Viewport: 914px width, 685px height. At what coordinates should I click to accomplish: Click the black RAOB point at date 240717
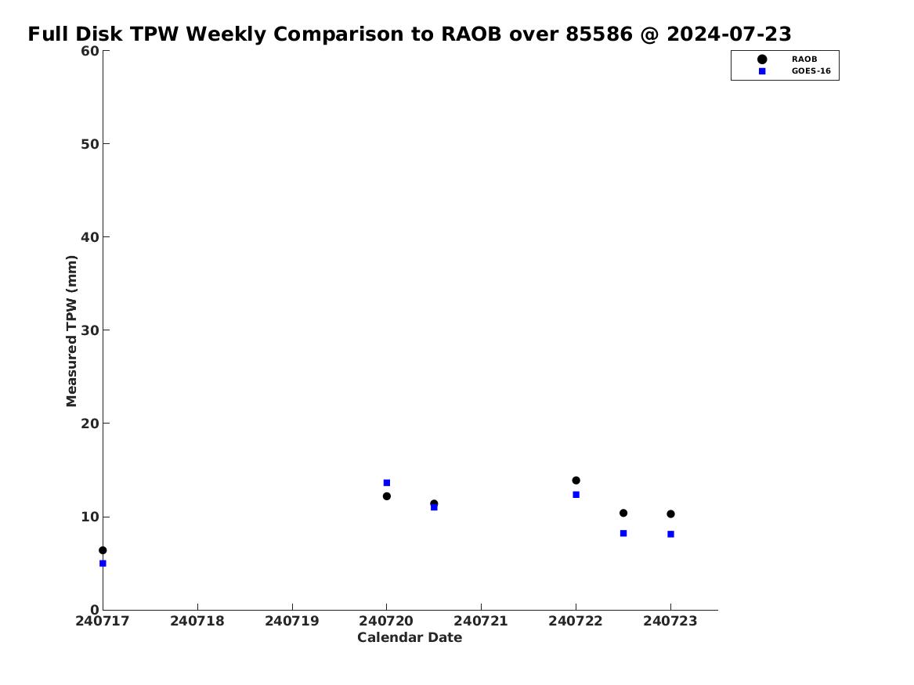tap(103, 550)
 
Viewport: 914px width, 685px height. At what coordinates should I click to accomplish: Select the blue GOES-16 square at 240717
tap(103, 563)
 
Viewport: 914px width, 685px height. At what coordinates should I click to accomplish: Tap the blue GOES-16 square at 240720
tap(386, 483)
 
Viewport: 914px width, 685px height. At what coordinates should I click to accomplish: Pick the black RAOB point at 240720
tap(386, 496)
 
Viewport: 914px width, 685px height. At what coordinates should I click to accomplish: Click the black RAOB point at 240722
tap(576, 481)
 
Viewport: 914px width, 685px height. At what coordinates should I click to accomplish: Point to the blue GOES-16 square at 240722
tap(576, 495)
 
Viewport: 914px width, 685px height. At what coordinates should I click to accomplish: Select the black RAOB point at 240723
tap(671, 514)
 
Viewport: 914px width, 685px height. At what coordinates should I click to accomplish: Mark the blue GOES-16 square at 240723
tap(671, 534)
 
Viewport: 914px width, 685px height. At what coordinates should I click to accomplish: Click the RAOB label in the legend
tap(804, 59)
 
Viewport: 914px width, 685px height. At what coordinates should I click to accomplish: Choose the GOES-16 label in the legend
tap(811, 71)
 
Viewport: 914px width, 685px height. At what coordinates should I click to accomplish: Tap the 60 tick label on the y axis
tap(90, 51)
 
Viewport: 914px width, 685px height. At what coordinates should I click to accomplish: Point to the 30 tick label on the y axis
tap(90, 330)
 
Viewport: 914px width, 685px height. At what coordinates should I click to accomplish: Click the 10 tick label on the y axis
tap(90, 517)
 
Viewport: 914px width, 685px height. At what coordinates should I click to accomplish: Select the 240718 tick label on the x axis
tap(197, 621)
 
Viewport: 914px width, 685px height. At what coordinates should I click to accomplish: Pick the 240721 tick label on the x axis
tap(481, 621)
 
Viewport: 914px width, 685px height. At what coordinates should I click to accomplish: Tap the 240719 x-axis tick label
tap(292, 621)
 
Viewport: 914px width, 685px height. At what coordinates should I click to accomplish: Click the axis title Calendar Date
tap(410, 638)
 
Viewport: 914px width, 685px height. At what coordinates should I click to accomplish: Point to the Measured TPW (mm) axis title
tap(71, 331)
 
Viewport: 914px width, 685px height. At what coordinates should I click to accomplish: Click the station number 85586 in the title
tap(599, 34)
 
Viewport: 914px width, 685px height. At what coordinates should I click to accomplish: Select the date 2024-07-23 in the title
tap(729, 34)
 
